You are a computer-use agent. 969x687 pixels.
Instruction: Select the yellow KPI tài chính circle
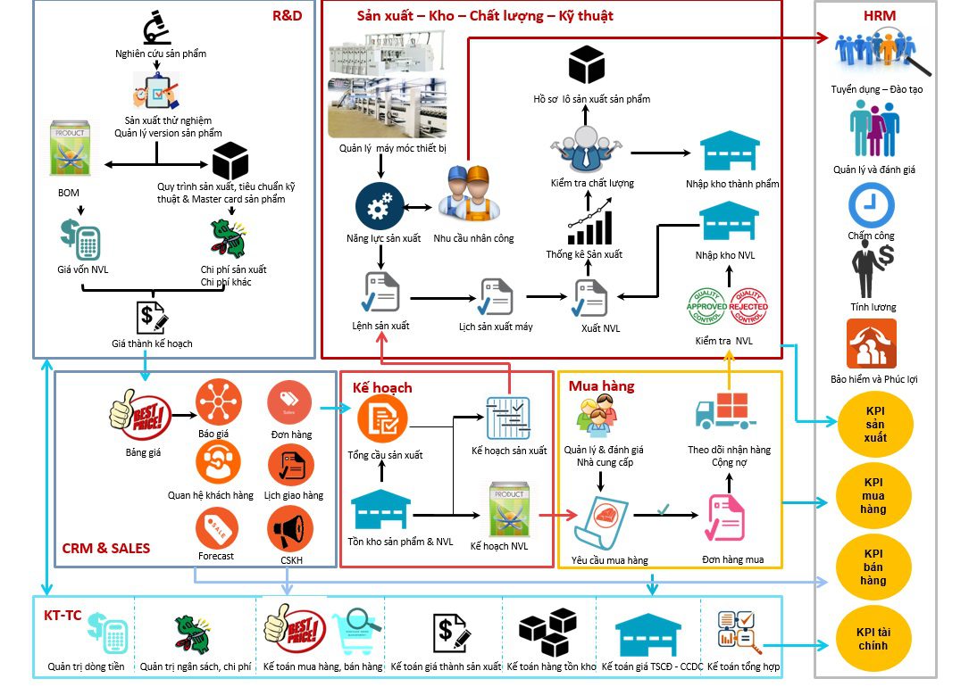[x=874, y=639]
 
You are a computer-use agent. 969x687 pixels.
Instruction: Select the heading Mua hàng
[x=601, y=385]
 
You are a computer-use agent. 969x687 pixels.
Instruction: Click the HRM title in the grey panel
[x=879, y=15]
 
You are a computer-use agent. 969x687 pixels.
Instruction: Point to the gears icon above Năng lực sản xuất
[x=380, y=207]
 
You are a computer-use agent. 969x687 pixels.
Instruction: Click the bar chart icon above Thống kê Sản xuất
[x=589, y=224]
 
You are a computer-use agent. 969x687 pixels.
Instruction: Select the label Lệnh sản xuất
[x=380, y=326]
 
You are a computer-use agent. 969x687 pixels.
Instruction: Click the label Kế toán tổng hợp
[x=743, y=666]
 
